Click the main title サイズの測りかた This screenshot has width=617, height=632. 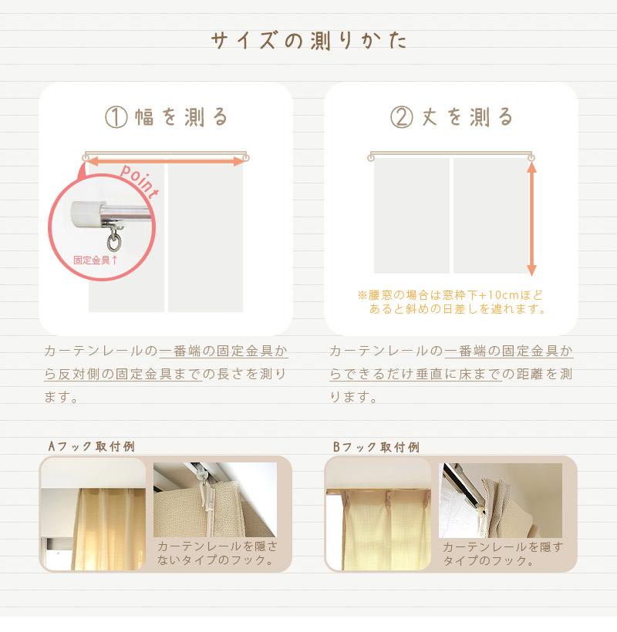(309, 41)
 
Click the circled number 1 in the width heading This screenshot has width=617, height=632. (116, 117)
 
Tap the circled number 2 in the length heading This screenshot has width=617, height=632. (401, 117)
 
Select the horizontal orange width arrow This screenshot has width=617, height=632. (165, 162)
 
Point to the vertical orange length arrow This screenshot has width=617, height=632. (531, 218)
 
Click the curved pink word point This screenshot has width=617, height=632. (140, 180)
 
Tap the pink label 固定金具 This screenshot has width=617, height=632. (92, 260)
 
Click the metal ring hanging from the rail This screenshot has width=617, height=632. (113, 243)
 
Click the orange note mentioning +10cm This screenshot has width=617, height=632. (452, 301)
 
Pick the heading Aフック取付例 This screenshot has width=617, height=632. (92, 446)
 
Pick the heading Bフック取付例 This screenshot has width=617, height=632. (376, 446)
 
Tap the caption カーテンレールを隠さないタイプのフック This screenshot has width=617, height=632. (217, 553)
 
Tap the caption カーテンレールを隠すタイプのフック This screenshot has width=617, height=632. (503, 553)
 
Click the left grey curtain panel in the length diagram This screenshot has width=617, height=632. (411, 216)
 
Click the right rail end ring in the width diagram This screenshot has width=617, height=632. (245, 157)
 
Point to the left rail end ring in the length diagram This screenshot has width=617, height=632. (371, 157)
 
